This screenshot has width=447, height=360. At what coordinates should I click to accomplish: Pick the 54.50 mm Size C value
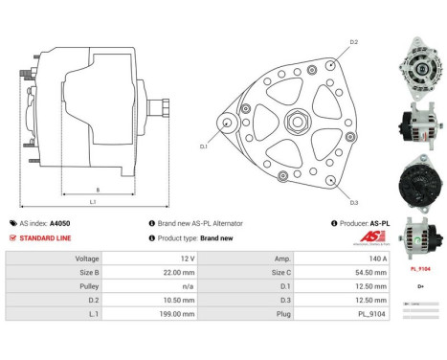(x=371, y=272)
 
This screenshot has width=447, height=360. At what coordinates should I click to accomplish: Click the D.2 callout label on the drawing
(x=353, y=43)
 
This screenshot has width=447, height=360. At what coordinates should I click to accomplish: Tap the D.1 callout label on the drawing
(x=204, y=146)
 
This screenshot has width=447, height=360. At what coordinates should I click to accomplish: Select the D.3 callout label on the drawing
(x=353, y=202)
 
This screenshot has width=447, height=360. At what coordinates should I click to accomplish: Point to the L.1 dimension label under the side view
(x=93, y=203)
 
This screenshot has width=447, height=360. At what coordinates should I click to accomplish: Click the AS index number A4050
(x=59, y=223)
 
